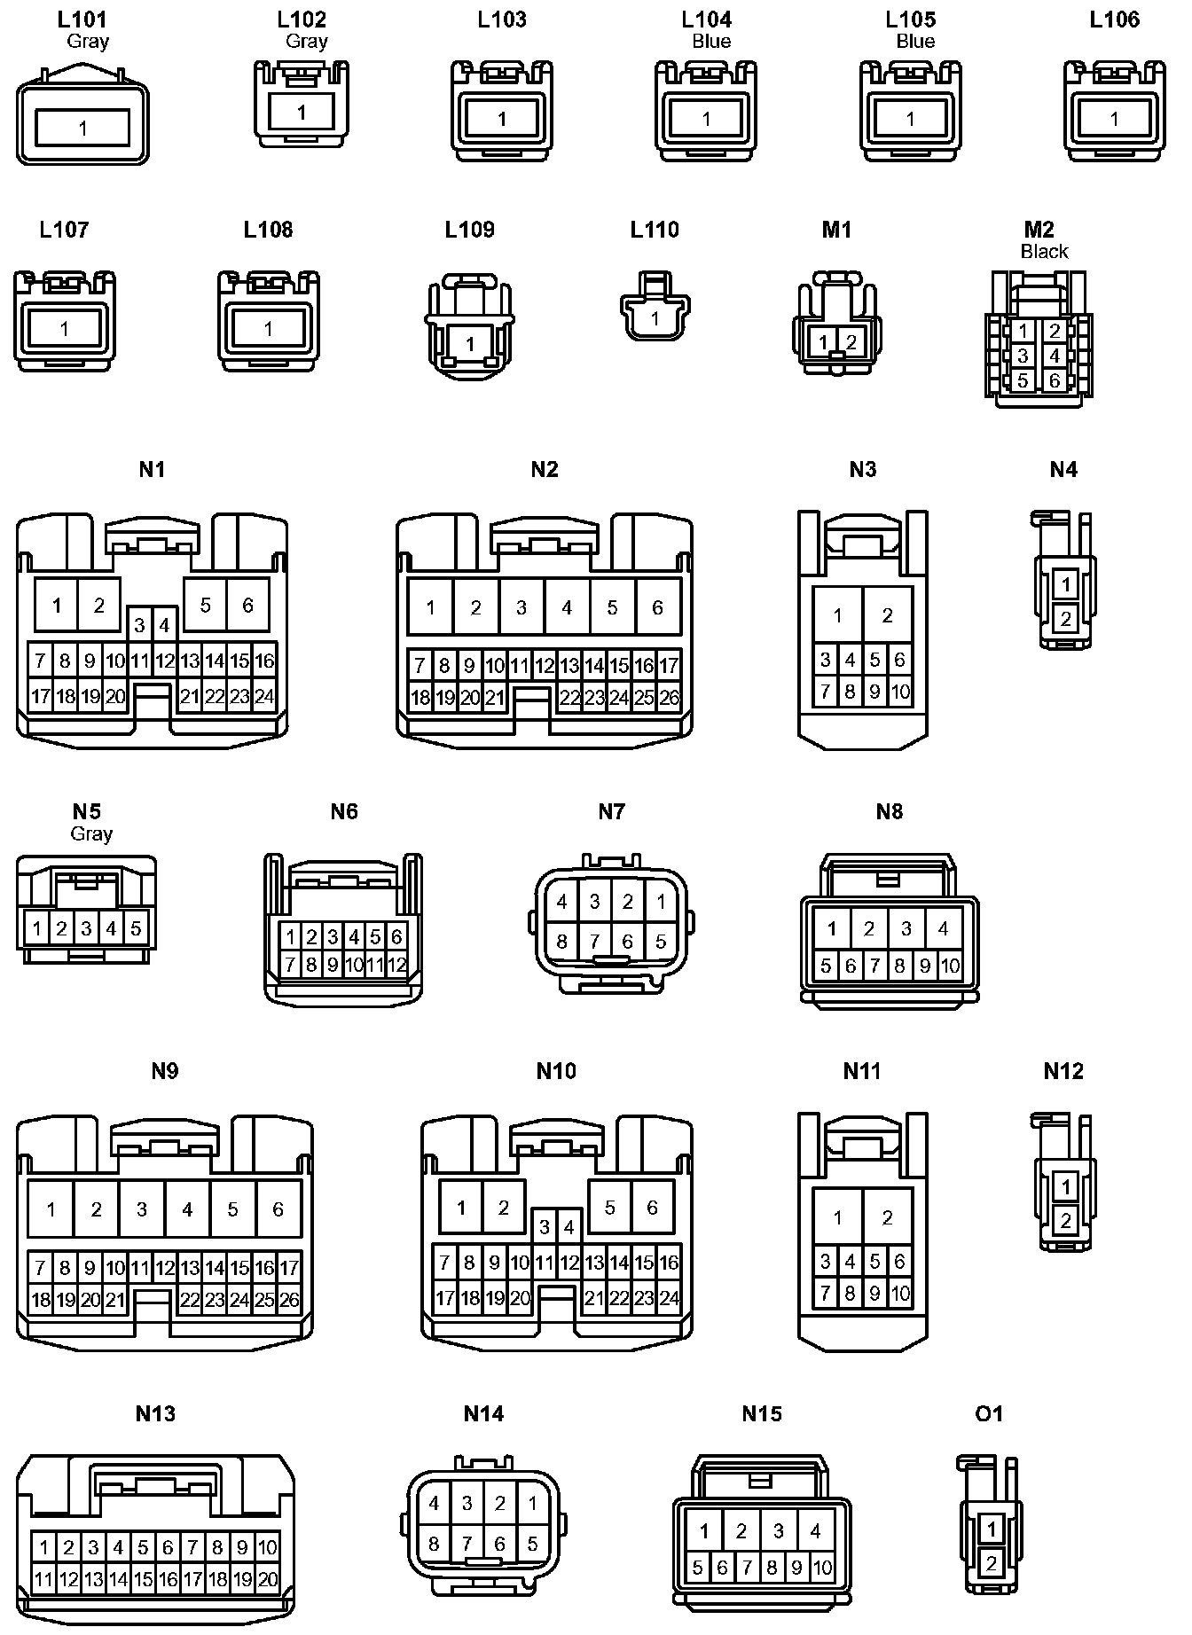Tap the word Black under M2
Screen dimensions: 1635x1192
click(1044, 252)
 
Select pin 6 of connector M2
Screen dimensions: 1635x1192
click(1054, 380)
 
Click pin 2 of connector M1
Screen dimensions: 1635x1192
click(851, 342)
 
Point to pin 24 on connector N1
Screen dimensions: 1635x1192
click(264, 697)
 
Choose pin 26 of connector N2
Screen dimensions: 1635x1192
click(670, 698)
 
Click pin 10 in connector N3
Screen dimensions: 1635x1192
click(899, 692)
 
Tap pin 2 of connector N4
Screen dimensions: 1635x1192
click(1065, 618)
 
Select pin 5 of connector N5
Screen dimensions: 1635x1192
click(136, 929)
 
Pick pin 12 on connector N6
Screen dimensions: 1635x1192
click(396, 965)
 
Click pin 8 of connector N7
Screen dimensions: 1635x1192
click(561, 941)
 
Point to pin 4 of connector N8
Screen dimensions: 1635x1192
click(943, 928)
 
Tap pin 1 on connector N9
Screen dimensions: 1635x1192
click(51, 1209)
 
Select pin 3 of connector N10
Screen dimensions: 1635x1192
click(545, 1228)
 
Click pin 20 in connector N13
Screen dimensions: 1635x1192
click(267, 1579)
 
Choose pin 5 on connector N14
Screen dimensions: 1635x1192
click(532, 1544)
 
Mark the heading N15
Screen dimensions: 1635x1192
click(762, 1413)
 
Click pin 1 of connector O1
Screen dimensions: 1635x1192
click(992, 1529)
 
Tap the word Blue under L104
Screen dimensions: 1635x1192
click(711, 42)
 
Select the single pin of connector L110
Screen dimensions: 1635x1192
click(655, 318)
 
